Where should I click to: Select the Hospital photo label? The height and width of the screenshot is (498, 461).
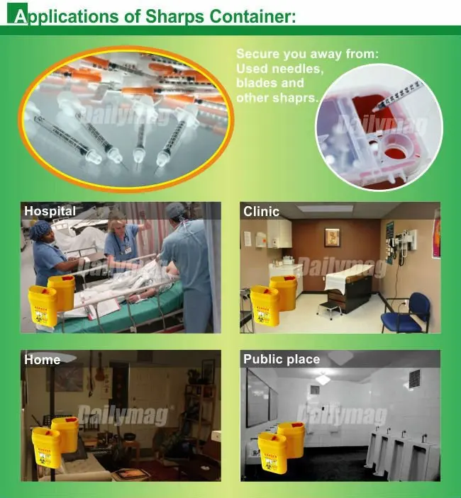point(50,210)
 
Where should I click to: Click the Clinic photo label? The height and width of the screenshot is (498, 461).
point(261,211)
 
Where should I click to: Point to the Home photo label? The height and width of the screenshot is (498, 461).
point(43,359)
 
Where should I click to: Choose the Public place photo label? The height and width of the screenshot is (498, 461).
point(282,359)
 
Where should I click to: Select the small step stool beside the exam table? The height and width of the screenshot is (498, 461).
point(329,308)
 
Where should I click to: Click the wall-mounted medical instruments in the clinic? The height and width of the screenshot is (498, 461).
point(401,248)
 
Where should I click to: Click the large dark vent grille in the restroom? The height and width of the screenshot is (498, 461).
point(414,378)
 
